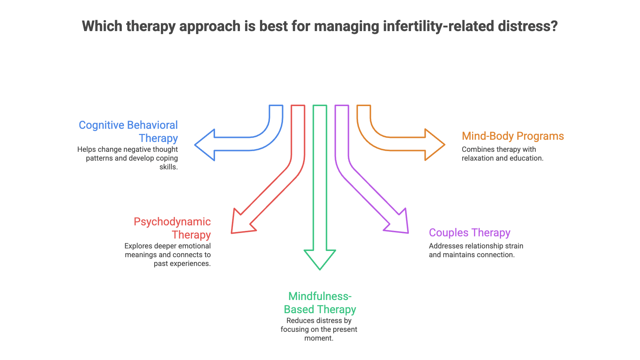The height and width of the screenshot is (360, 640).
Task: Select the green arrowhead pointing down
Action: [x=320, y=259]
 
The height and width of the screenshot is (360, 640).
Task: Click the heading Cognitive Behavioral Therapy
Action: [x=128, y=132]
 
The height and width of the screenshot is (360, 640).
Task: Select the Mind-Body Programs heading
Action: [x=513, y=136]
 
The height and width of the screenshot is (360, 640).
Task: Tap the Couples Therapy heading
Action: [x=470, y=233]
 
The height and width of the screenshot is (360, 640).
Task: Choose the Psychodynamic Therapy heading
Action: [x=172, y=228]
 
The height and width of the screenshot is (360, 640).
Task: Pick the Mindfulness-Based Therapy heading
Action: [x=320, y=303]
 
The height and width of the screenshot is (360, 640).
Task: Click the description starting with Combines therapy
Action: [x=502, y=154]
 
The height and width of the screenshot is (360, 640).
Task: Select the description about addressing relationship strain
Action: [x=476, y=250]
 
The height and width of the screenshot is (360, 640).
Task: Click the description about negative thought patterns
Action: [x=128, y=158]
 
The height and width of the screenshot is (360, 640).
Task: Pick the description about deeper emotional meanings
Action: [x=167, y=255]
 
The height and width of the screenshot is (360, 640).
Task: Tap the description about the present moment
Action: [x=319, y=329]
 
